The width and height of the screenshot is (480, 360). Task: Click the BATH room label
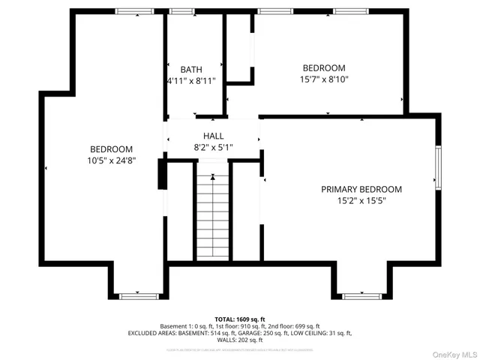click(190, 69)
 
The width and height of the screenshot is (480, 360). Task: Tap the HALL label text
click(214, 136)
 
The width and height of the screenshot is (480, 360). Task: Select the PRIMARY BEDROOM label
click(361, 189)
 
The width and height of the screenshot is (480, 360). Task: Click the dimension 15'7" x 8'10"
click(324, 79)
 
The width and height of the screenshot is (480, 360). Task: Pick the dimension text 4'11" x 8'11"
click(190, 80)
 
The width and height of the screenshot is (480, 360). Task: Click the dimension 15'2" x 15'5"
click(361, 200)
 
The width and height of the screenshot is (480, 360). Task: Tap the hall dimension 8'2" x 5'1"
click(214, 148)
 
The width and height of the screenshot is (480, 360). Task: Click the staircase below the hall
click(213, 217)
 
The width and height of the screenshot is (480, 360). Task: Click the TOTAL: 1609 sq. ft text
click(239, 319)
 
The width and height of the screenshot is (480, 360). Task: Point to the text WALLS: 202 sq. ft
click(239, 340)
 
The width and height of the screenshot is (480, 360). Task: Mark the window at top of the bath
click(180, 11)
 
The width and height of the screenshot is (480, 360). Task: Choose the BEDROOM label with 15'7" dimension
click(324, 67)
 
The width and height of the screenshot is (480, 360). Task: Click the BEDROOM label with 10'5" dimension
click(112, 149)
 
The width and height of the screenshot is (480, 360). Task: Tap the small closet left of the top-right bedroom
click(239, 46)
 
